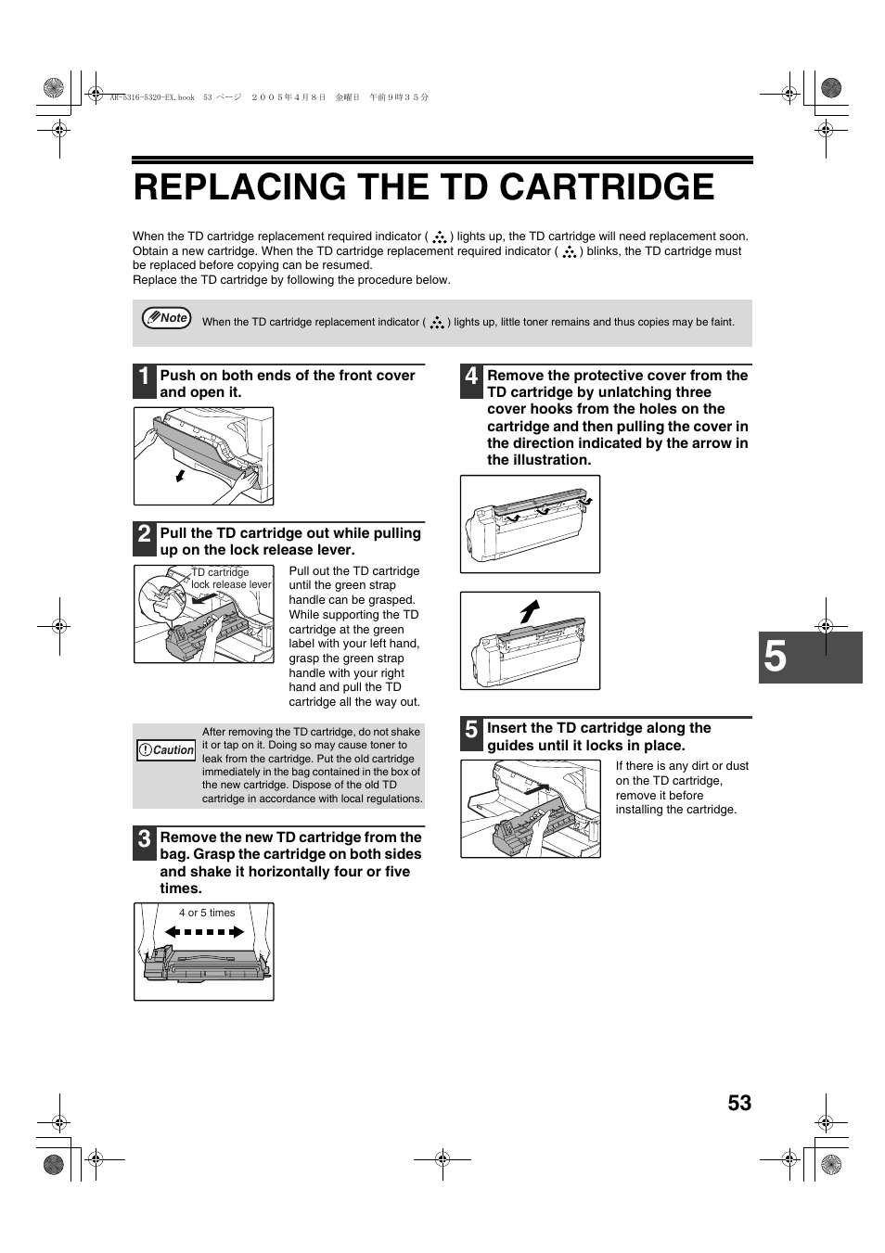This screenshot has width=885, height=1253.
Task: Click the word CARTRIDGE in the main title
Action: (x=607, y=187)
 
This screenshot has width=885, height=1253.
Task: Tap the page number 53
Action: (x=739, y=1103)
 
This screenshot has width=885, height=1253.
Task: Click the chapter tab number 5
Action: (x=776, y=658)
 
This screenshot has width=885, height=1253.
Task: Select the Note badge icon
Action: (x=167, y=318)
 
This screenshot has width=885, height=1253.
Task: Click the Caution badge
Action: (x=167, y=750)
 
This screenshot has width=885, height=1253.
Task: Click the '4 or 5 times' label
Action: (x=207, y=913)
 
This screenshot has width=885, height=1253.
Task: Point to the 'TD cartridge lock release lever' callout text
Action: (x=230, y=579)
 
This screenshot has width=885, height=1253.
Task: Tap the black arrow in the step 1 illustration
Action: (x=180, y=477)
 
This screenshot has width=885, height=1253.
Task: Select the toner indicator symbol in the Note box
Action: (x=437, y=323)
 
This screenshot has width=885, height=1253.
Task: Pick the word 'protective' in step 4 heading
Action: (x=611, y=376)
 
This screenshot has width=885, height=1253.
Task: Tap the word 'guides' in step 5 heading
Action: (x=514, y=746)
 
